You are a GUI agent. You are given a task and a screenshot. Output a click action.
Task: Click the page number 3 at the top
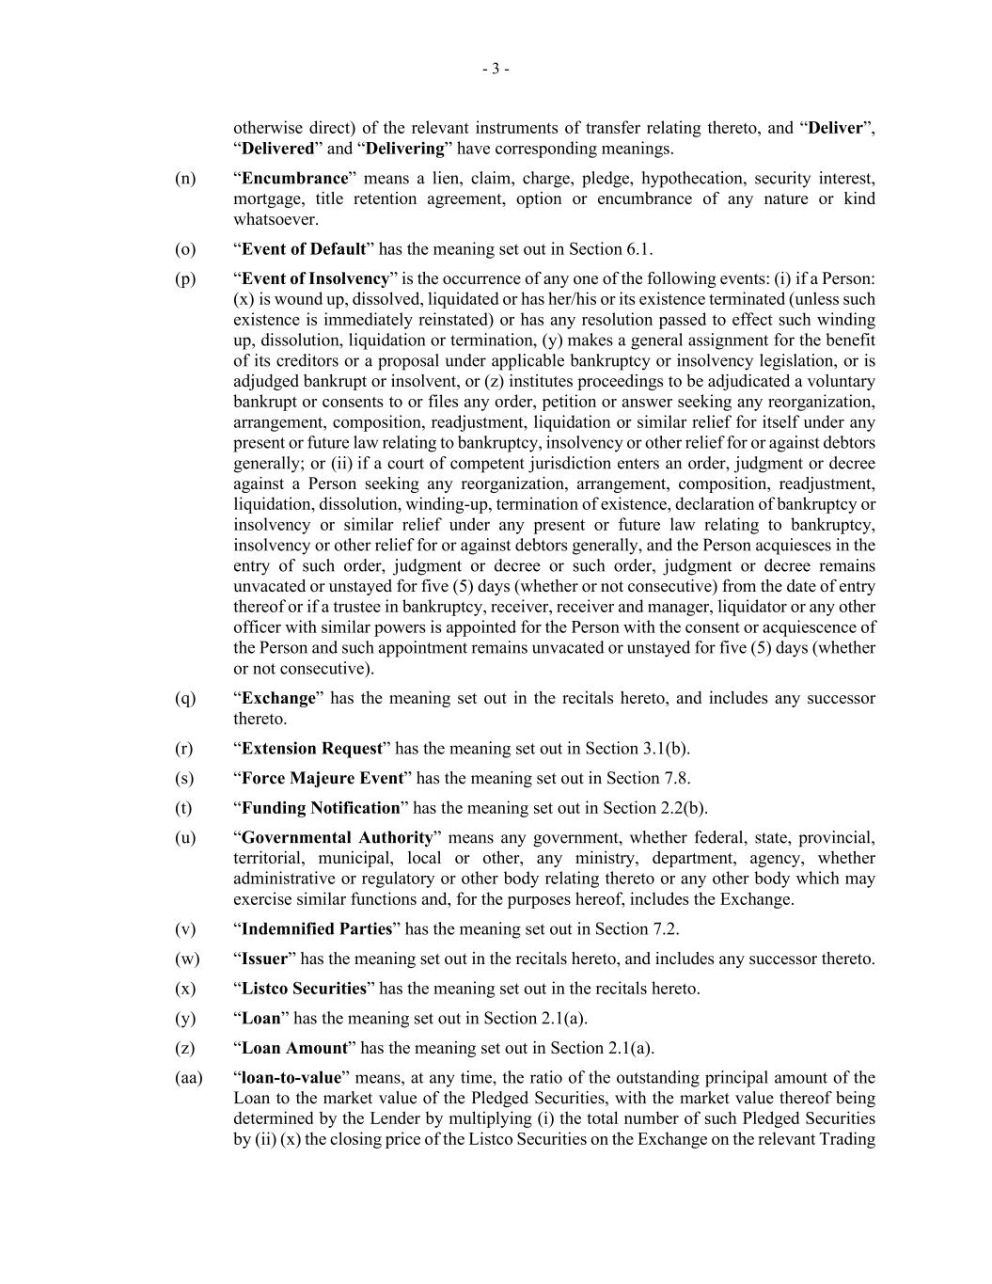[x=496, y=69]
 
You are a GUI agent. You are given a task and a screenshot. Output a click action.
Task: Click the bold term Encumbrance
[x=294, y=179]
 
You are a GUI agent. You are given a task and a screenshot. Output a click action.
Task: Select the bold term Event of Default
[x=304, y=249]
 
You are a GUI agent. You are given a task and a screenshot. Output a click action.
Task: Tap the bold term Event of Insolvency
[x=315, y=279]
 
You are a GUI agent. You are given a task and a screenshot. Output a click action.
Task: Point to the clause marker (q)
[x=185, y=698]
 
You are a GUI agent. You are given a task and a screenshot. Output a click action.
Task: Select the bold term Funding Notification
[x=321, y=808]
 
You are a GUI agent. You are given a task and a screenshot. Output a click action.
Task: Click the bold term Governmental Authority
[x=337, y=838]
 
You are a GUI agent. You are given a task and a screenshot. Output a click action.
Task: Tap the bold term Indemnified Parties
[x=317, y=929]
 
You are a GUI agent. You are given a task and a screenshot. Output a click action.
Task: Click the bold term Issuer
[x=264, y=959]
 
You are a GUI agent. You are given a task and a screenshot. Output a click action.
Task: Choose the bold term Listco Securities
[x=304, y=989]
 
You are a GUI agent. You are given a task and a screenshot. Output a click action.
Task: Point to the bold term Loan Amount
[x=295, y=1049]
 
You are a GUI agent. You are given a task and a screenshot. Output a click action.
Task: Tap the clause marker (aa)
[x=188, y=1078]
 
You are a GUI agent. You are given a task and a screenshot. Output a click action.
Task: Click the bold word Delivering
[x=404, y=149]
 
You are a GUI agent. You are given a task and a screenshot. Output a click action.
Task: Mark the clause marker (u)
[x=185, y=838]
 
